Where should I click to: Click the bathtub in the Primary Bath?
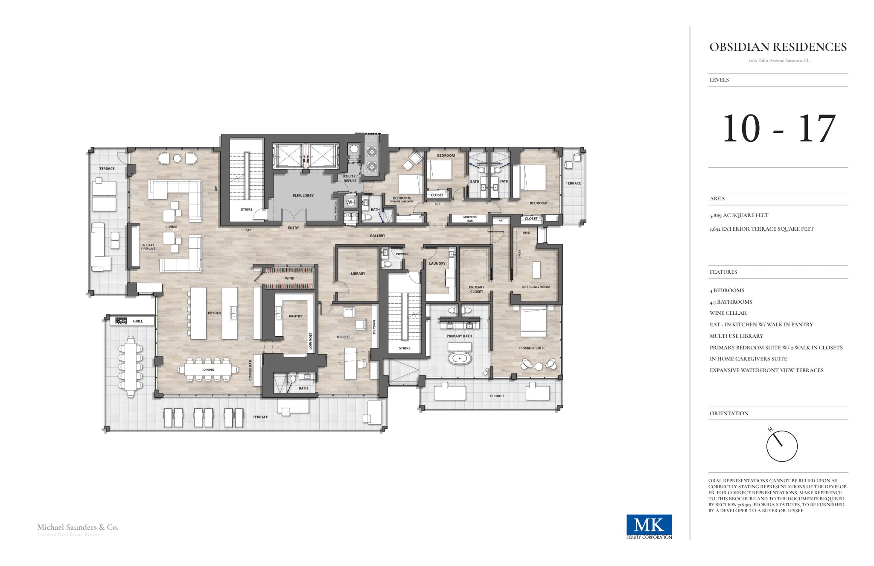[460, 358]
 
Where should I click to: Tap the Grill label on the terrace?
[137, 321]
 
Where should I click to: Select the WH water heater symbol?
[350, 202]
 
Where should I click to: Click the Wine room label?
[289, 278]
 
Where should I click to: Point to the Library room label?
[358, 273]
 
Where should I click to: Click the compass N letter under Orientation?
[770, 429]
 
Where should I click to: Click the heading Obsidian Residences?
[778, 47]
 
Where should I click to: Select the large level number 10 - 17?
[778, 128]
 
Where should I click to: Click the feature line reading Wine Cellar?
[728, 313]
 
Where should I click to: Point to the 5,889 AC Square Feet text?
[739, 215]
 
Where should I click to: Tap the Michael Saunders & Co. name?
[78, 527]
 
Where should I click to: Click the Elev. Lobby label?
[303, 196]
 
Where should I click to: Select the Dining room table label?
[209, 370]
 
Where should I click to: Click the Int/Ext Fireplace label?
[148, 247]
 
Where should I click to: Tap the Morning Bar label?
[470, 219]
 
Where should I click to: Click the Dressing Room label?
[536, 287]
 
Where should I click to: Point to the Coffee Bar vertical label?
[251, 370]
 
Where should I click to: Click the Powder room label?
[402, 254]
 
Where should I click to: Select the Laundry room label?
[437, 264]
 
